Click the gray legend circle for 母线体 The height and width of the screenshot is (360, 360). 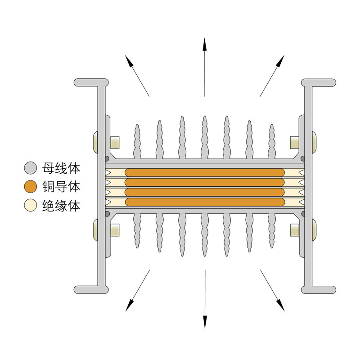pyautogui.click(x=31, y=168)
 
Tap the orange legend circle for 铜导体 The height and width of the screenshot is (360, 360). pyautogui.click(x=31, y=186)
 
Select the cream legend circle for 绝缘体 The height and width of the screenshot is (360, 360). pyautogui.click(x=31, y=205)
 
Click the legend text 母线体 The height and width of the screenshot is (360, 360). pyautogui.click(x=61, y=168)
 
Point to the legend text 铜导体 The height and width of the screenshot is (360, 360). pyautogui.click(x=61, y=187)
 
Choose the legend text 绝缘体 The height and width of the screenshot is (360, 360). pyautogui.click(x=61, y=206)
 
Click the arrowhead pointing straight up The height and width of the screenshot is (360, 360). pyautogui.click(x=205, y=44)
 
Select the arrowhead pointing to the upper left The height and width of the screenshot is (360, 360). pyautogui.click(x=129, y=61)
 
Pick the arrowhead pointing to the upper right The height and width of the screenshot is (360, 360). pyautogui.click(x=280, y=61)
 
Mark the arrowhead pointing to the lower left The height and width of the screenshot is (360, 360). pyautogui.click(x=130, y=306)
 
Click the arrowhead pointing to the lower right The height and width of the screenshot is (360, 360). pyautogui.click(x=280, y=306)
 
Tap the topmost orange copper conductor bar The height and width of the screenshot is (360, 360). pyautogui.click(x=205, y=173)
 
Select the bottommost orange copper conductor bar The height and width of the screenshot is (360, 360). pyautogui.click(x=205, y=202)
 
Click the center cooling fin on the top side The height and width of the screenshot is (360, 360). pyautogui.click(x=205, y=137)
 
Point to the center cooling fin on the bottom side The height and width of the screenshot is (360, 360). pyautogui.click(x=205, y=234)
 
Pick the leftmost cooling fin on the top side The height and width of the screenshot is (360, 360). pyautogui.click(x=137, y=141)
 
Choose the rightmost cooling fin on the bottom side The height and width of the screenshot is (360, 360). pyautogui.click(x=272, y=230)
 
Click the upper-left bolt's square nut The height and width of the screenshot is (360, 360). pyautogui.click(x=115, y=142)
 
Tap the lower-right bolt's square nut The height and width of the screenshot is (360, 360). pyautogui.click(x=295, y=230)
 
